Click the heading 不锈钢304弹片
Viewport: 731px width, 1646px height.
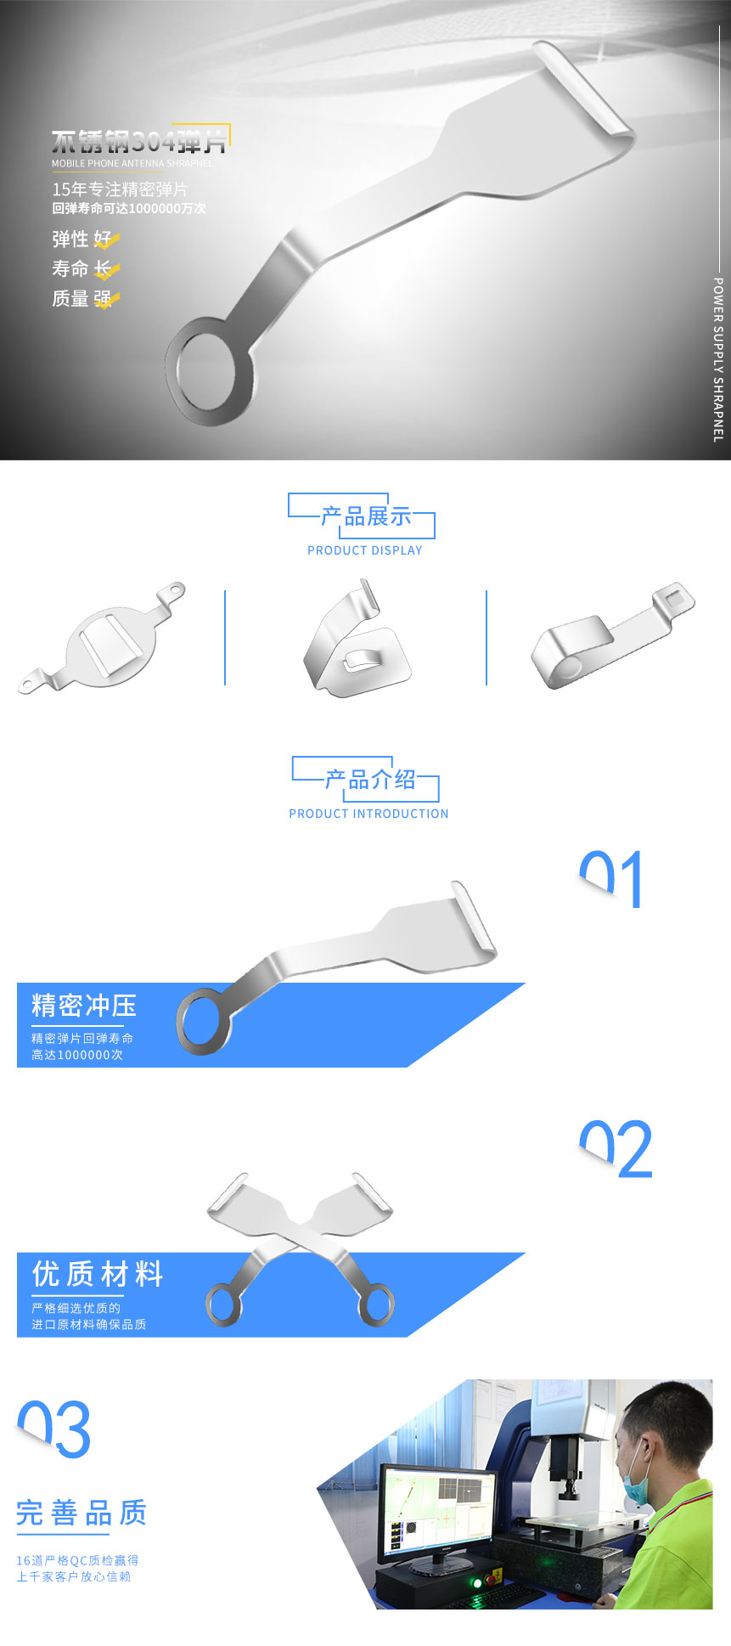[x=138, y=141]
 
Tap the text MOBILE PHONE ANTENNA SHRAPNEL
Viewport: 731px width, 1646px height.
[x=132, y=163]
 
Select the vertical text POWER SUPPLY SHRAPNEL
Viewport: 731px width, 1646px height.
[x=718, y=359]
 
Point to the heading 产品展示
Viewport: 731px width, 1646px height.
[x=365, y=516]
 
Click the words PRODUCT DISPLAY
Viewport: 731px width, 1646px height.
[x=365, y=550]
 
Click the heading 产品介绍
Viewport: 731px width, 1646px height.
[x=369, y=780]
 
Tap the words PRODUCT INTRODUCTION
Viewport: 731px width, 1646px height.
[x=368, y=814]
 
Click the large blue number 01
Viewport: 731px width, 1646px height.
[x=611, y=880]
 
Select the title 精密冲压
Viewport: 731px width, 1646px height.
[x=84, y=1006]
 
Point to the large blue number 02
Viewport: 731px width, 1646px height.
[x=616, y=1149]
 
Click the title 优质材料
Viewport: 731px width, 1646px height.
[x=98, y=1274]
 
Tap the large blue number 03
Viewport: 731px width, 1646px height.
[x=54, y=1429]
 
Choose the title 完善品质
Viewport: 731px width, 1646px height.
[x=82, y=1513]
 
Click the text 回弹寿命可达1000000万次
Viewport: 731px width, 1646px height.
[x=129, y=209]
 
